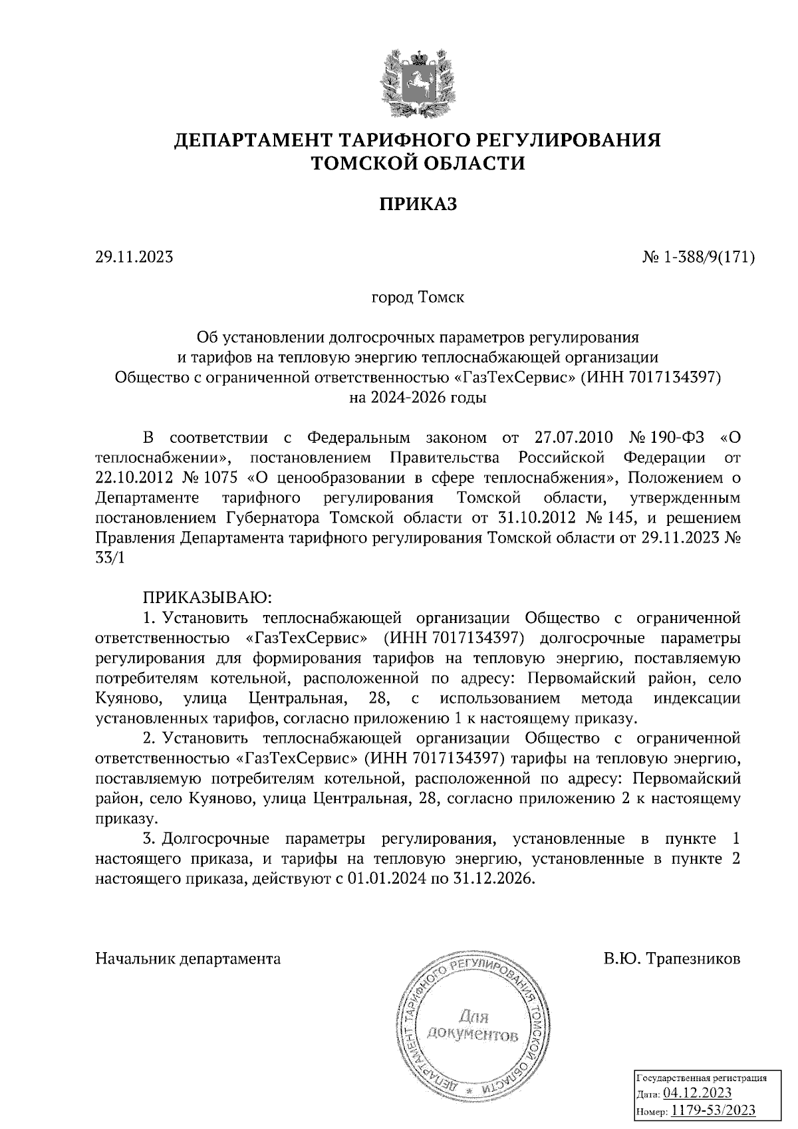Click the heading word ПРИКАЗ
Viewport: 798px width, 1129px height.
click(418, 204)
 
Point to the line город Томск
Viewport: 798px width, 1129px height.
click(418, 297)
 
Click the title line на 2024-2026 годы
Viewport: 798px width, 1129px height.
click(418, 398)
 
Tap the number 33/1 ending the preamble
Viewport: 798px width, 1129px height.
click(110, 558)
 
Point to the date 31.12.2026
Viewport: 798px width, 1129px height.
click(494, 878)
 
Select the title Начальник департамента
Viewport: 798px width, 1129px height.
click(188, 959)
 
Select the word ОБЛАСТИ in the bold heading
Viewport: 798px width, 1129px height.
click(468, 163)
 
